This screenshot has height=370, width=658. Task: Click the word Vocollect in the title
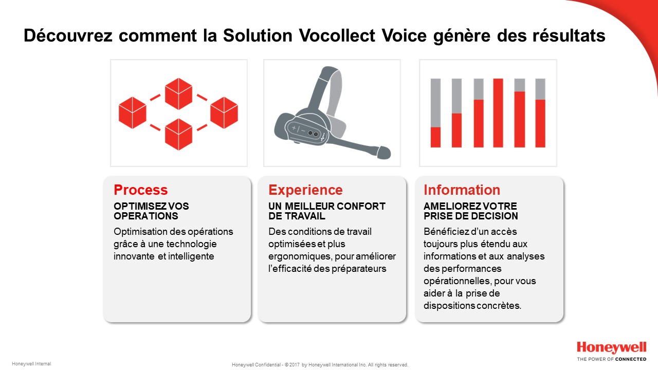[337, 35]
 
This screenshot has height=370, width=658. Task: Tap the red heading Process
[141, 190]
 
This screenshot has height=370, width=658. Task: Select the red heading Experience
[305, 190]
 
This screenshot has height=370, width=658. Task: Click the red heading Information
[462, 190]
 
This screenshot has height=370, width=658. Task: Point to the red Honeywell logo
[612, 348]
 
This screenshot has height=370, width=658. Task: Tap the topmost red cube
[178, 94]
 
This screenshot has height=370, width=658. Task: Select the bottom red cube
[178, 134]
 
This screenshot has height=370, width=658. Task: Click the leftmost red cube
[133, 113]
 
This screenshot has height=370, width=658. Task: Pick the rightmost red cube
[224, 113]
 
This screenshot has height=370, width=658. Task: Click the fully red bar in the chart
[498, 113]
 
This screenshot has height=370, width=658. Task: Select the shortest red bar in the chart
[435, 137]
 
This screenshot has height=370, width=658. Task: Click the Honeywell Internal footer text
[31, 364]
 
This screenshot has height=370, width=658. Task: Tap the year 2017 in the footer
[295, 365]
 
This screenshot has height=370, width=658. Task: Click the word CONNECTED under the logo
[631, 359]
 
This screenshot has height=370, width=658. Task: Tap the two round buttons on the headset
[313, 134]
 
